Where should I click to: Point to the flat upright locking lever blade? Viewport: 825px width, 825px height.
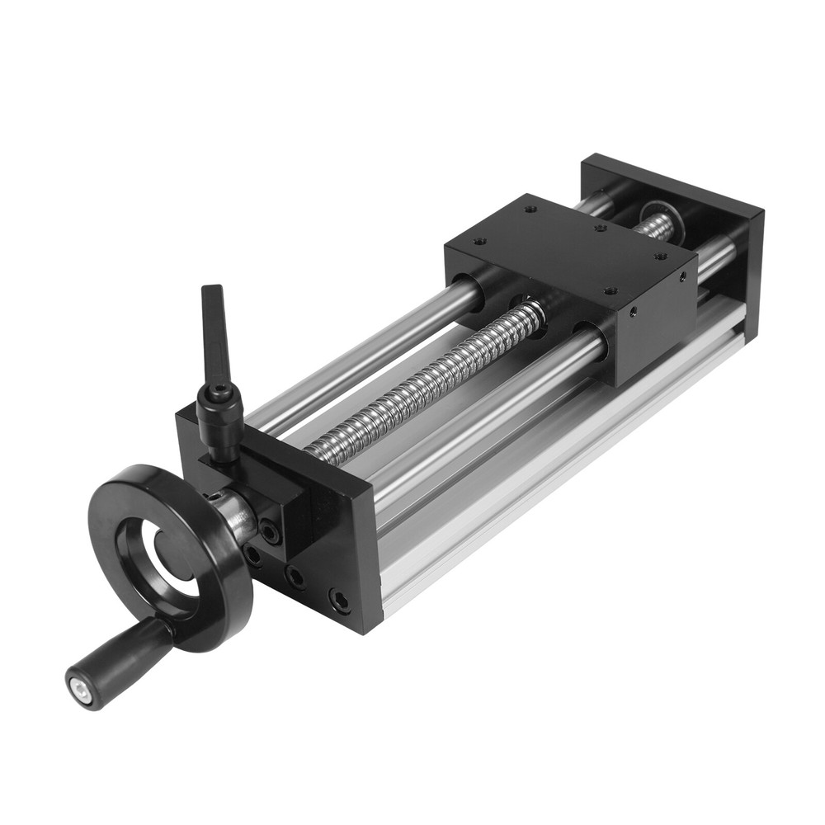[x=214, y=330]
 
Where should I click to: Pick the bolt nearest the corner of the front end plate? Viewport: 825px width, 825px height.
[x=339, y=600]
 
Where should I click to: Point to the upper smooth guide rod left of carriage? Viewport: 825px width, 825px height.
[x=371, y=346]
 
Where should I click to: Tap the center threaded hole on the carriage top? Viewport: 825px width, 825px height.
[x=600, y=228]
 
